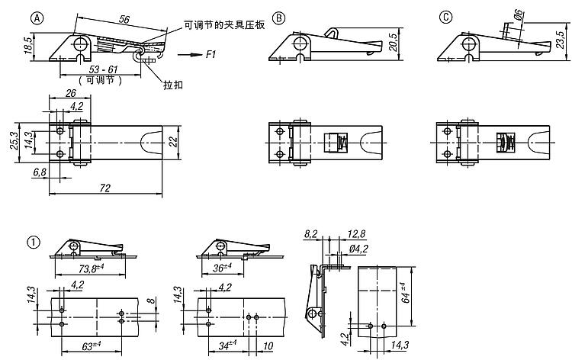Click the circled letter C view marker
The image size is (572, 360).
446,18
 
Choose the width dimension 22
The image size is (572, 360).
173,142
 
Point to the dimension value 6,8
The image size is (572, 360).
38,173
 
